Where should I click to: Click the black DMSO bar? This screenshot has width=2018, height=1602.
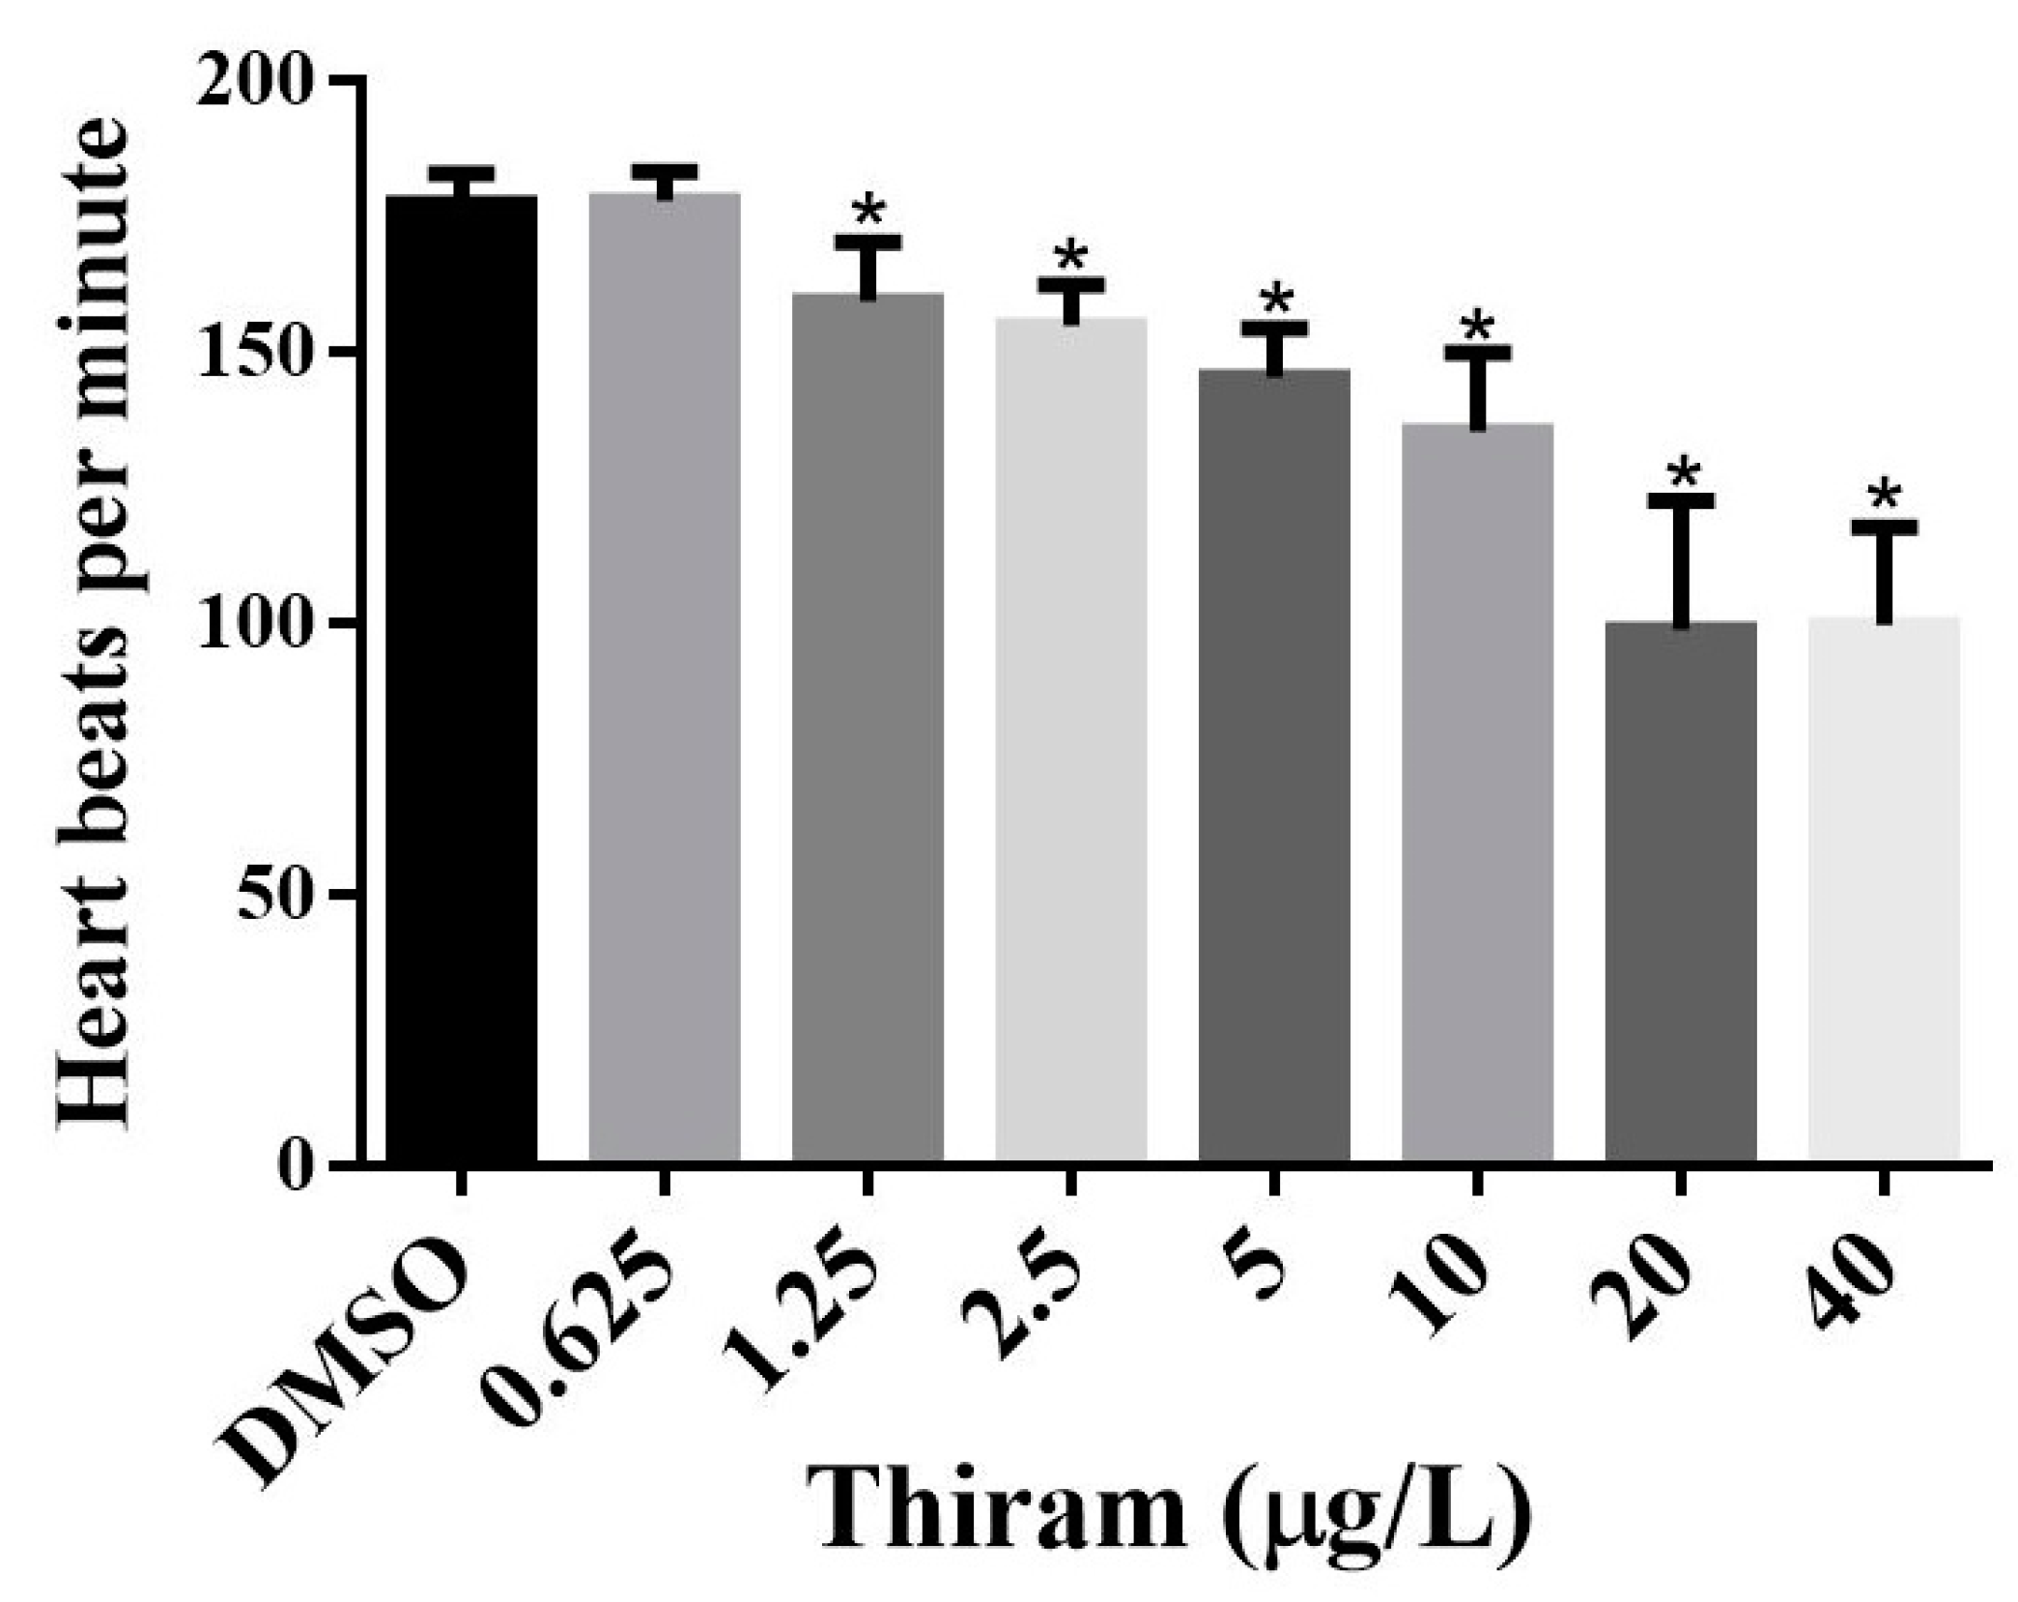click(x=461, y=676)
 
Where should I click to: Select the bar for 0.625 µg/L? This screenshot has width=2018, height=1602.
click(x=665, y=676)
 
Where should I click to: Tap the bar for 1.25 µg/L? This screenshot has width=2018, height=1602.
click(x=867, y=725)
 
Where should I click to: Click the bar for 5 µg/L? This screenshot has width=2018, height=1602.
click(x=1274, y=763)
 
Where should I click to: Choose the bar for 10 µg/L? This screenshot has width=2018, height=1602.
click(x=1477, y=792)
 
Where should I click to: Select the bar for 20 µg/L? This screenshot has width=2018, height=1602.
click(x=1681, y=889)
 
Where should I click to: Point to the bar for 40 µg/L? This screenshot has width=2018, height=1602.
click(x=1884, y=889)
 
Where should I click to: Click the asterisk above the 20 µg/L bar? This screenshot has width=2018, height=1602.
click(x=1683, y=472)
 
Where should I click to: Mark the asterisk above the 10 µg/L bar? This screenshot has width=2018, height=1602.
click(x=1477, y=328)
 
